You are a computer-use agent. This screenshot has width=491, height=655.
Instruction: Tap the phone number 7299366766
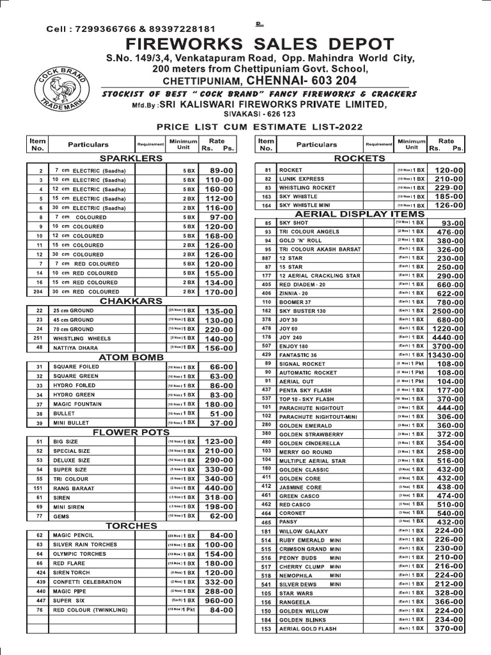coord(102,29)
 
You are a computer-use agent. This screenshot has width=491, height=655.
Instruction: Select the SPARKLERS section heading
coord(131,158)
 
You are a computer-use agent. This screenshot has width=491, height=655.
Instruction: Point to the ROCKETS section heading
coord(359,158)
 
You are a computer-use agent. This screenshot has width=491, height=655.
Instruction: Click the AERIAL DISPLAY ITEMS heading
coord(360,214)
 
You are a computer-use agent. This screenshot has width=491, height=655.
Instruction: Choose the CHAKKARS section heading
coord(131,301)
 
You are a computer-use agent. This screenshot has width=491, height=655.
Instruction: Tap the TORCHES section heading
coord(131,526)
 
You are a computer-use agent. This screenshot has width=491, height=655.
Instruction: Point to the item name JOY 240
coord(293,336)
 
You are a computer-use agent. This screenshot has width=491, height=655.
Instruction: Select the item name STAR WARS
coord(295,594)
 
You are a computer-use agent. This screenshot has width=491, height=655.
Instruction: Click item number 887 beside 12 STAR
coord(267,258)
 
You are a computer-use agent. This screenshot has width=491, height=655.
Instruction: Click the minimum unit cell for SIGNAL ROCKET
coord(411,363)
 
